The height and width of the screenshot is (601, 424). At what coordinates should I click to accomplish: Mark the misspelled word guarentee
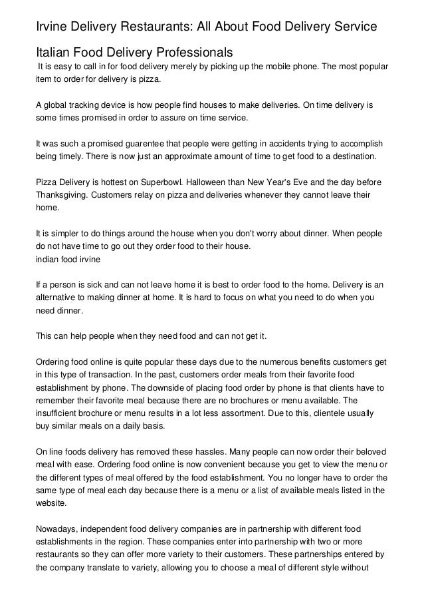coord(136,143)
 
